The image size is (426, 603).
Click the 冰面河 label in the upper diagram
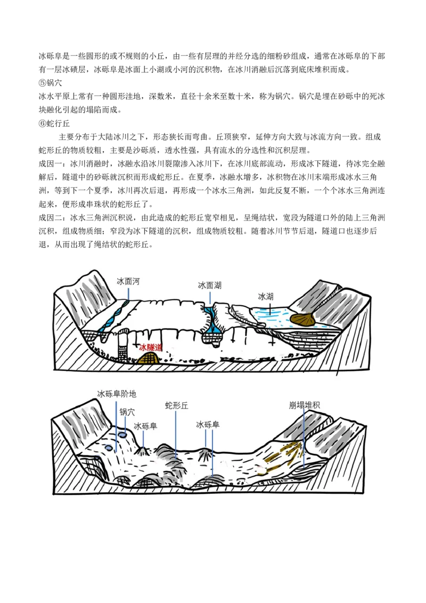coord(128,281)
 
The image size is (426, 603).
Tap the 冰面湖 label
coord(210,286)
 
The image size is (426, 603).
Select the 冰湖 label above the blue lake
coord(266,297)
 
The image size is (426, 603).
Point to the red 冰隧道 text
coord(151,348)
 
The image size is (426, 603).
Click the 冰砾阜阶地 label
coord(117,394)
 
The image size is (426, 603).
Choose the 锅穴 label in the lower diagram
coord(127,412)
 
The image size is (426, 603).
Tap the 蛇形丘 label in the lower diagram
coord(176,406)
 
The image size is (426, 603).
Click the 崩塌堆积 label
coord(305,405)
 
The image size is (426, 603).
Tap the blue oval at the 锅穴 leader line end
coord(122,435)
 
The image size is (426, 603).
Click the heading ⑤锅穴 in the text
coord(50,83)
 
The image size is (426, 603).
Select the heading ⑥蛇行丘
coord(54,124)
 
